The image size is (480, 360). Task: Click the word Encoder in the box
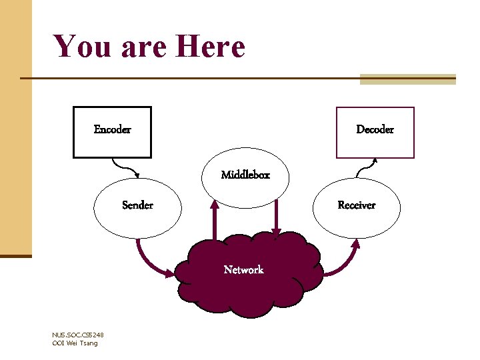point(112,129)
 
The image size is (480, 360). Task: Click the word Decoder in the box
point(375,129)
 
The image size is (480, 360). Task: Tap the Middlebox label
point(245,175)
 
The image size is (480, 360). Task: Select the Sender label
point(137,205)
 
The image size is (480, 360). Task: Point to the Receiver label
point(356,205)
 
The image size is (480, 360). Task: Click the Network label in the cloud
point(243,270)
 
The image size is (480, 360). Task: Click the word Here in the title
point(210,47)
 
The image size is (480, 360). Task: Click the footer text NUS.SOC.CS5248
point(77,335)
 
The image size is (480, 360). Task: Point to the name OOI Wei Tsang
point(75,343)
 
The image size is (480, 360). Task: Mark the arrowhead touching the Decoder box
point(375,160)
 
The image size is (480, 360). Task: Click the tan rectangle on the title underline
point(407,79)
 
